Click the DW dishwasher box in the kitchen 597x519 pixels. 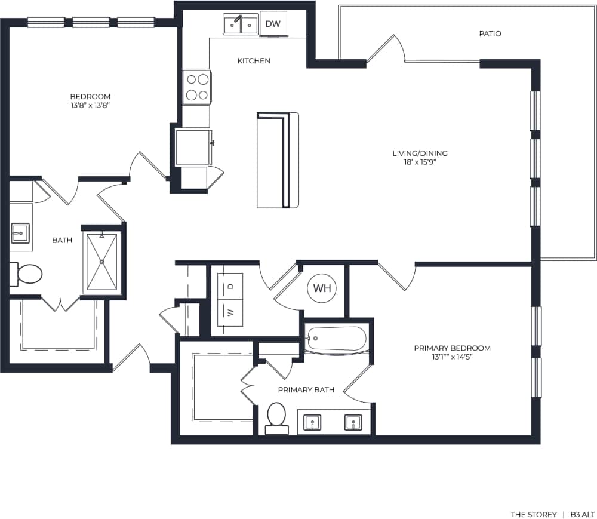coord(273,24)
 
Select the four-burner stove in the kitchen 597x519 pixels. coord(197,87)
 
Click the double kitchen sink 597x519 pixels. coord(241,25)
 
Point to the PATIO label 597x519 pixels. coord(490,34)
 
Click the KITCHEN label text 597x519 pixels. coord(254,61)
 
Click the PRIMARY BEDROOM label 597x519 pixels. coord(453,348)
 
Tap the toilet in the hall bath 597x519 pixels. coord(27,275)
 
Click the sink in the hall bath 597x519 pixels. coord(20,232)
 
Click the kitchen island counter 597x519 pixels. coord(278,160)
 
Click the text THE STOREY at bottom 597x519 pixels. coord(533,514)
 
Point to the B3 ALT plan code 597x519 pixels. coord(583,514)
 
